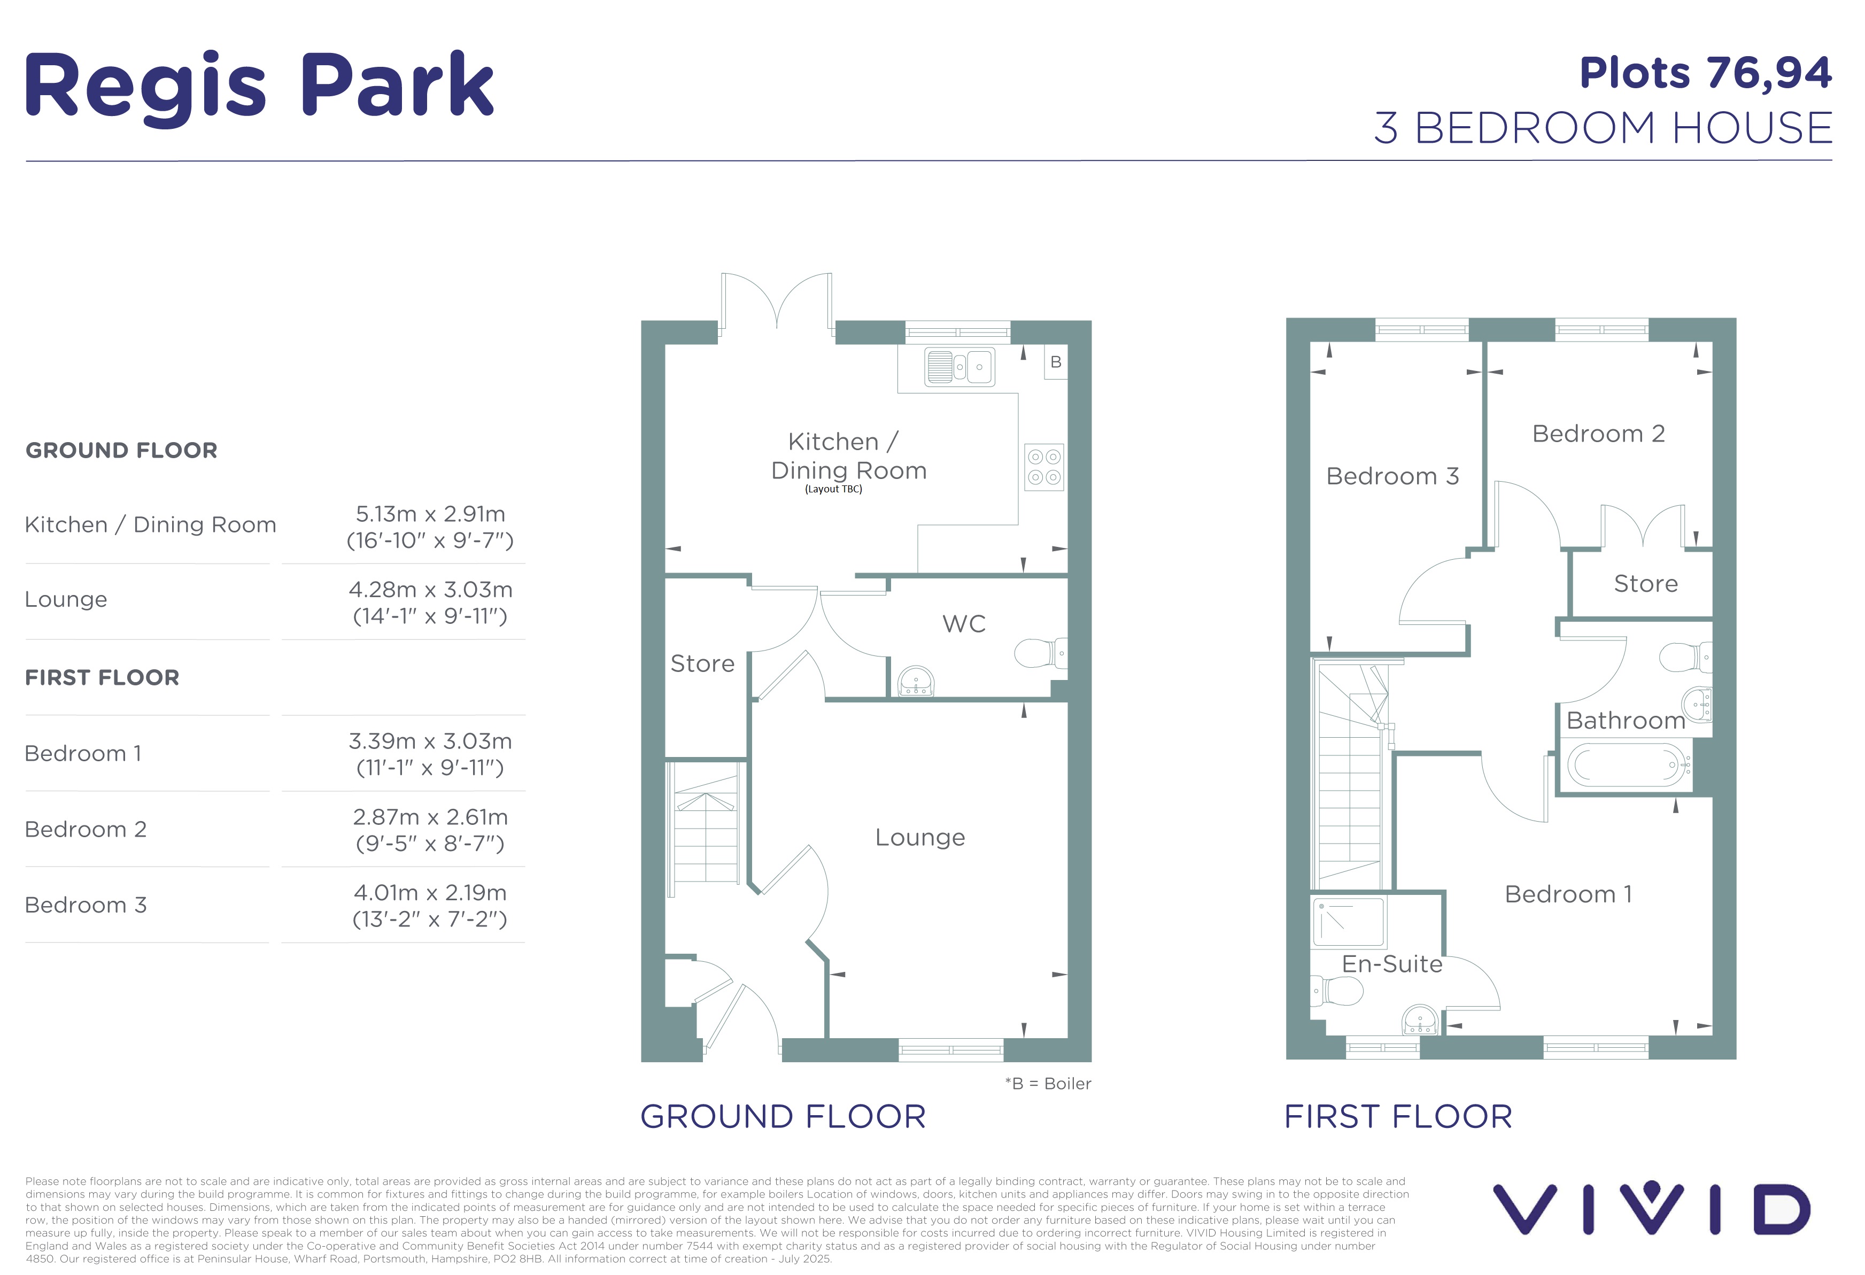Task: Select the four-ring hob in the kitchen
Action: point(1044,467)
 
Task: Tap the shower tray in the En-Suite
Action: point(1349,922)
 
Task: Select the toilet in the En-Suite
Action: point(1337,991)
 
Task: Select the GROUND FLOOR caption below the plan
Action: point(783,1116)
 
